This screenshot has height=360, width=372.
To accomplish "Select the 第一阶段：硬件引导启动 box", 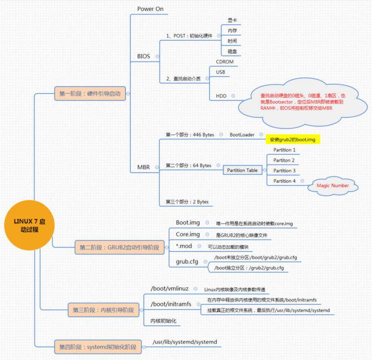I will [x=90, y=94].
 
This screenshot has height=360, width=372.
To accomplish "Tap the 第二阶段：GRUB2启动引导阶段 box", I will [x=119, y=247].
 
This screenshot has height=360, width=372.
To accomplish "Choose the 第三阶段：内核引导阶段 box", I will [x=103, y=310].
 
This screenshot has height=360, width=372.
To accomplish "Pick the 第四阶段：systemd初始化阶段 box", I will [x=98, y=347].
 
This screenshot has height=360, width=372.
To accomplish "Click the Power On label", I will [x=150, y=9].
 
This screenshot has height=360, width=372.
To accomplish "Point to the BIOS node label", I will [x=143, y=56].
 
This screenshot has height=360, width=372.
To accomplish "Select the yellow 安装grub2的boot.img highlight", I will [x=292, y=140].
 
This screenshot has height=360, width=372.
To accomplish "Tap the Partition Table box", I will [x=242, y=170].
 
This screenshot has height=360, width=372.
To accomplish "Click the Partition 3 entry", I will [x=285, y=170].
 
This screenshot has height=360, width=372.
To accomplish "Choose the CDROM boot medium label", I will [x=224, y=62].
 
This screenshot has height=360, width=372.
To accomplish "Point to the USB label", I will [x=220, y=72].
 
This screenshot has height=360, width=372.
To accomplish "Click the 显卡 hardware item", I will [x=232, y=20].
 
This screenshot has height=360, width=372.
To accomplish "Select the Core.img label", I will [x=188, y=235].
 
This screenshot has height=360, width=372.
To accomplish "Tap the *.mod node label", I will [x=183, y=246].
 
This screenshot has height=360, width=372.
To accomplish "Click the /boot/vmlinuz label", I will [x=170, y=288].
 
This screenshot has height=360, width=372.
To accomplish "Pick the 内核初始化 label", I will [x=163, y=321].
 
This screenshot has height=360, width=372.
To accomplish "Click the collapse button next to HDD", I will [x=233, y=96].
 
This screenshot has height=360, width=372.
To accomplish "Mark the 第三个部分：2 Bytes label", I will [x=187, y=202].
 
